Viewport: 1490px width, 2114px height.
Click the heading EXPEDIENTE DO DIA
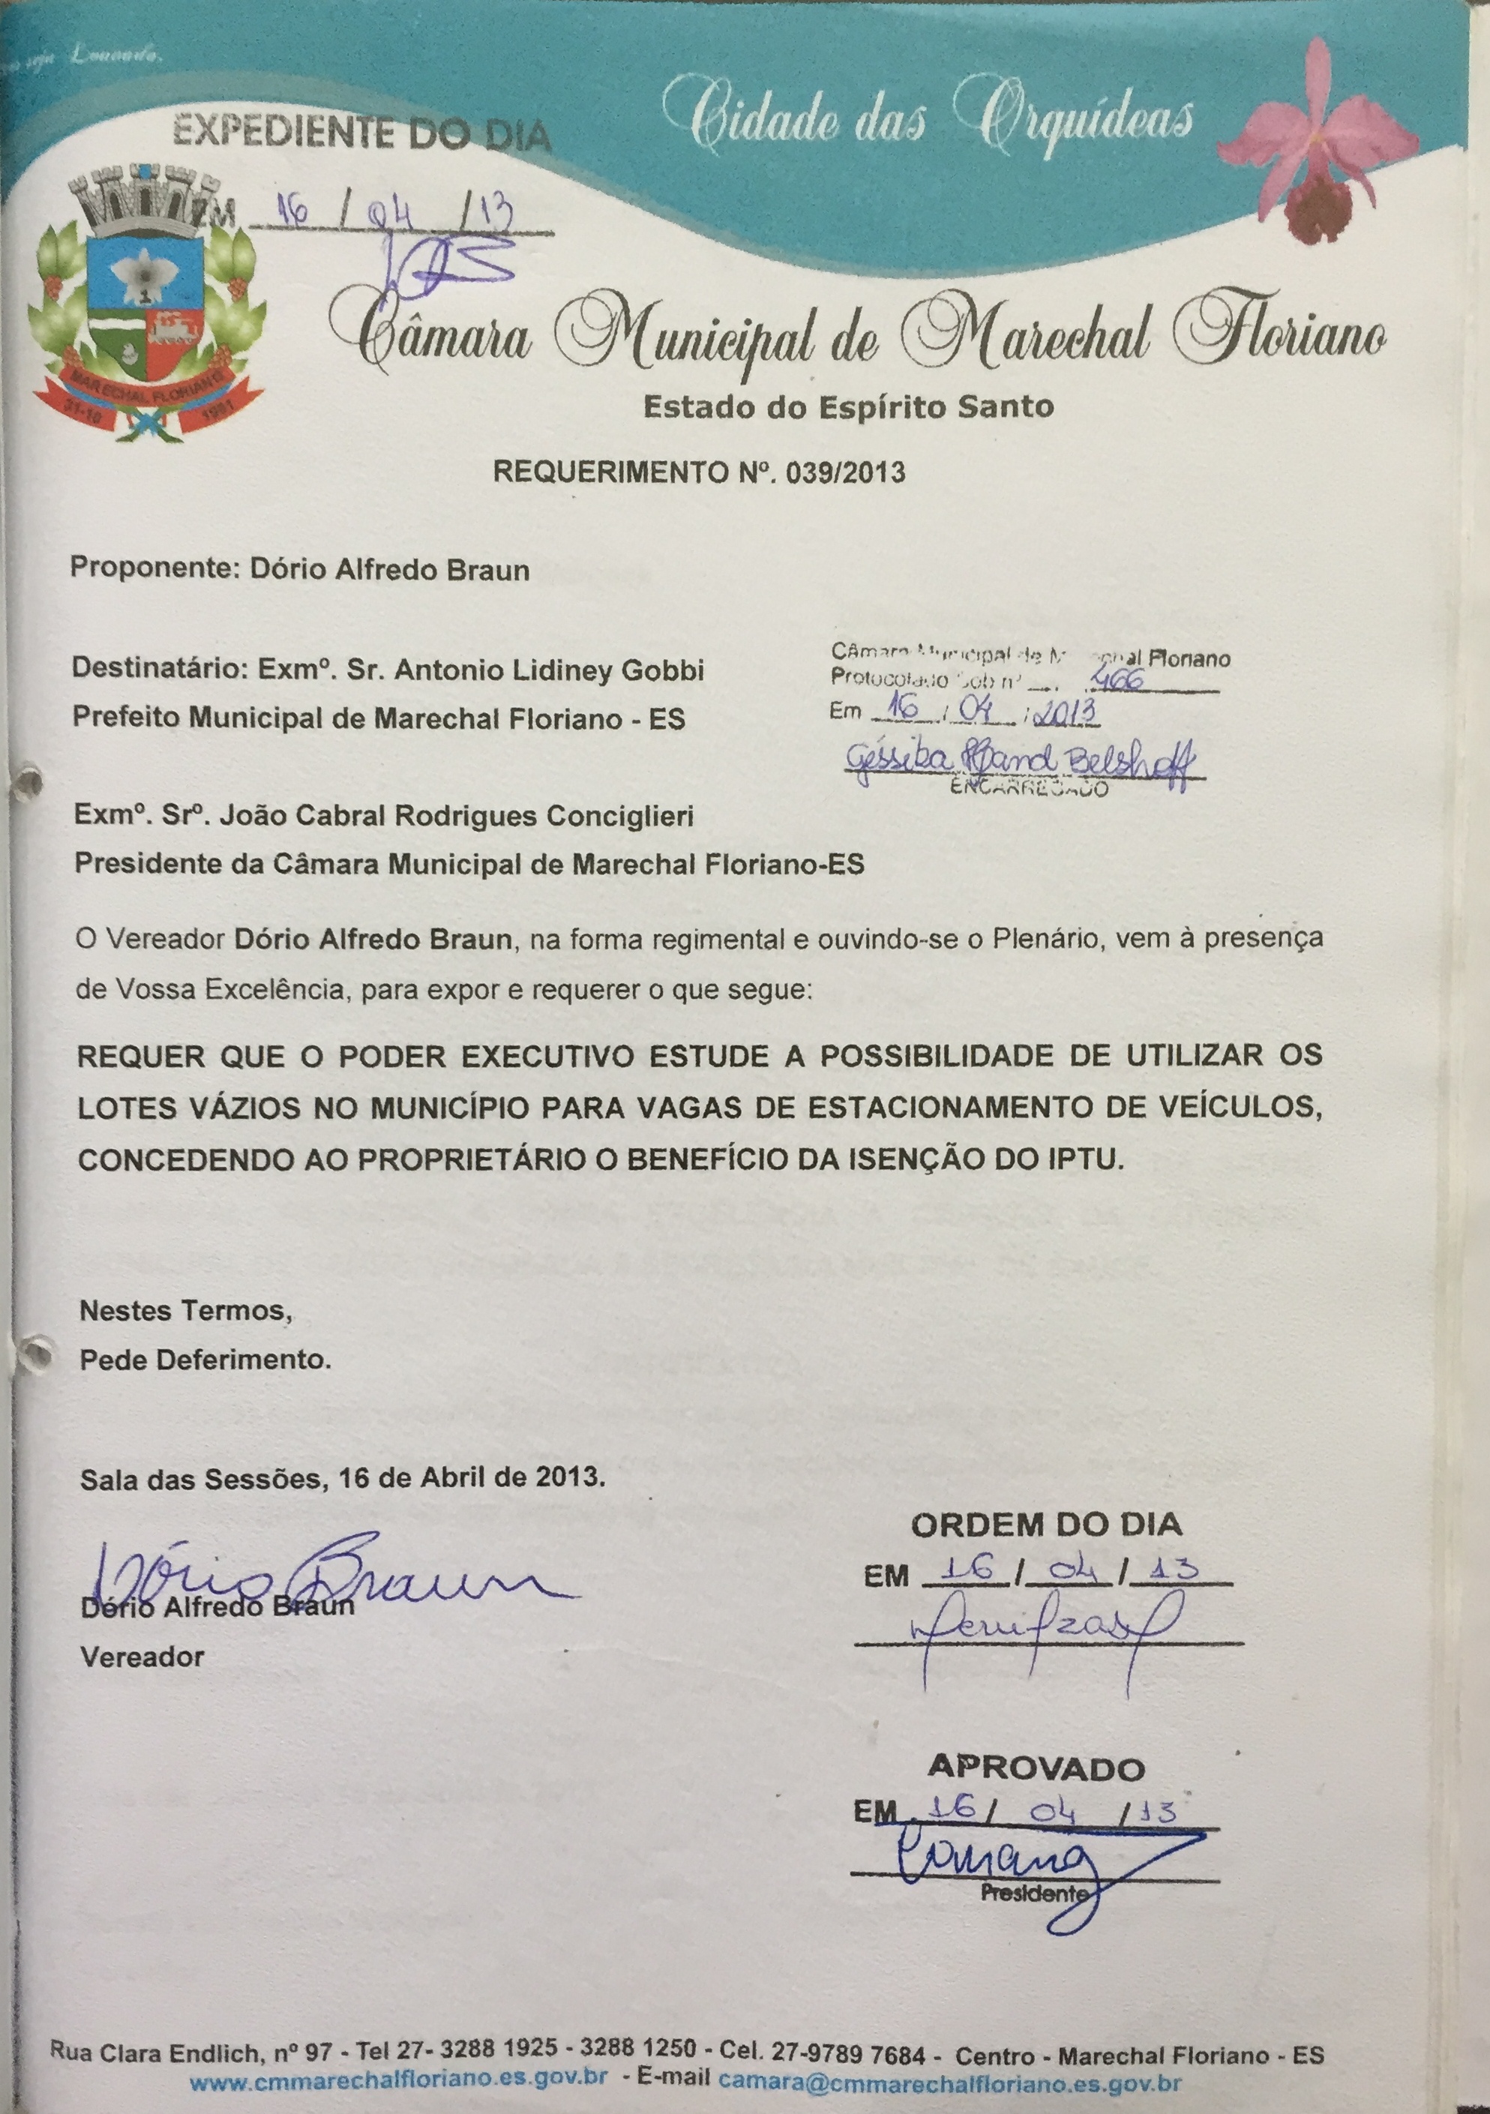click(362, 134)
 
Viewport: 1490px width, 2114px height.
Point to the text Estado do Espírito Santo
click(848, 406)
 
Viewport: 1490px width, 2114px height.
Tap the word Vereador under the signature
click(142, 1657)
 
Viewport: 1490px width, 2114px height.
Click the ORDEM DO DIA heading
click(1046, 1525)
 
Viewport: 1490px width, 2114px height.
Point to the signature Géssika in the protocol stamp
click(1021, 760)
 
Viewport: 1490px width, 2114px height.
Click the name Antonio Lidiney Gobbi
click(549, 670)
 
